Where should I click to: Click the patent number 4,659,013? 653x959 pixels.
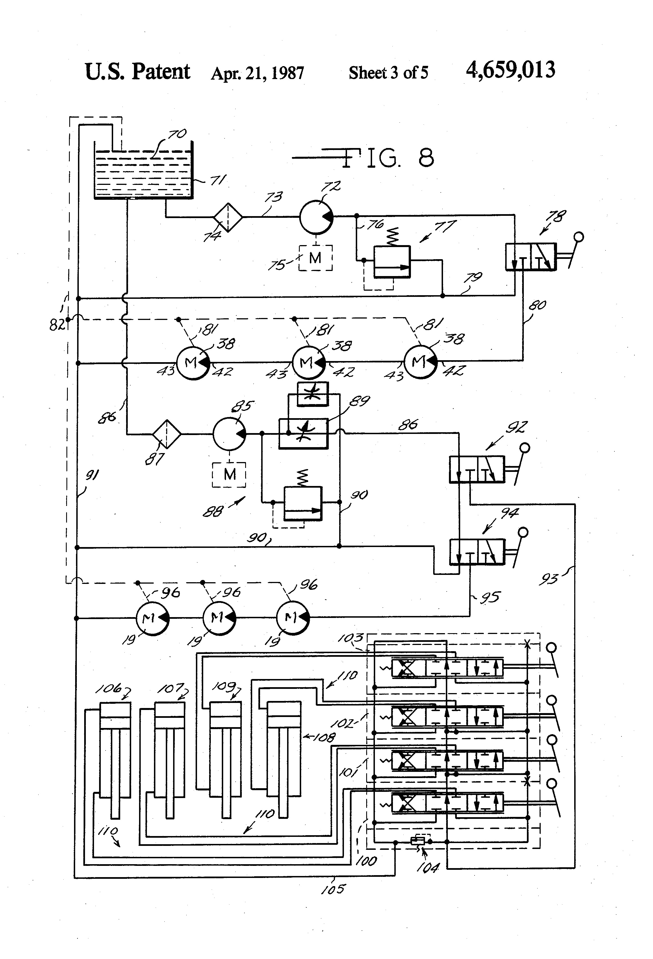510,70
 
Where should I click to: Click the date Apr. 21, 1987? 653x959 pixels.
257,73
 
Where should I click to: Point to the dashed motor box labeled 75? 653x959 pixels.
315,258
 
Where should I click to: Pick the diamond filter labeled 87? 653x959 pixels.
166,434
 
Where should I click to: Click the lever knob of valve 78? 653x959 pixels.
579,237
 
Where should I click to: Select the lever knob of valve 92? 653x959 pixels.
525,448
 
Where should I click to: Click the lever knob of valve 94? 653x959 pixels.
523,533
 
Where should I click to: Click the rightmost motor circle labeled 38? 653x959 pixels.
420,362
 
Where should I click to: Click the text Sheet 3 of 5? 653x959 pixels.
388,73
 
